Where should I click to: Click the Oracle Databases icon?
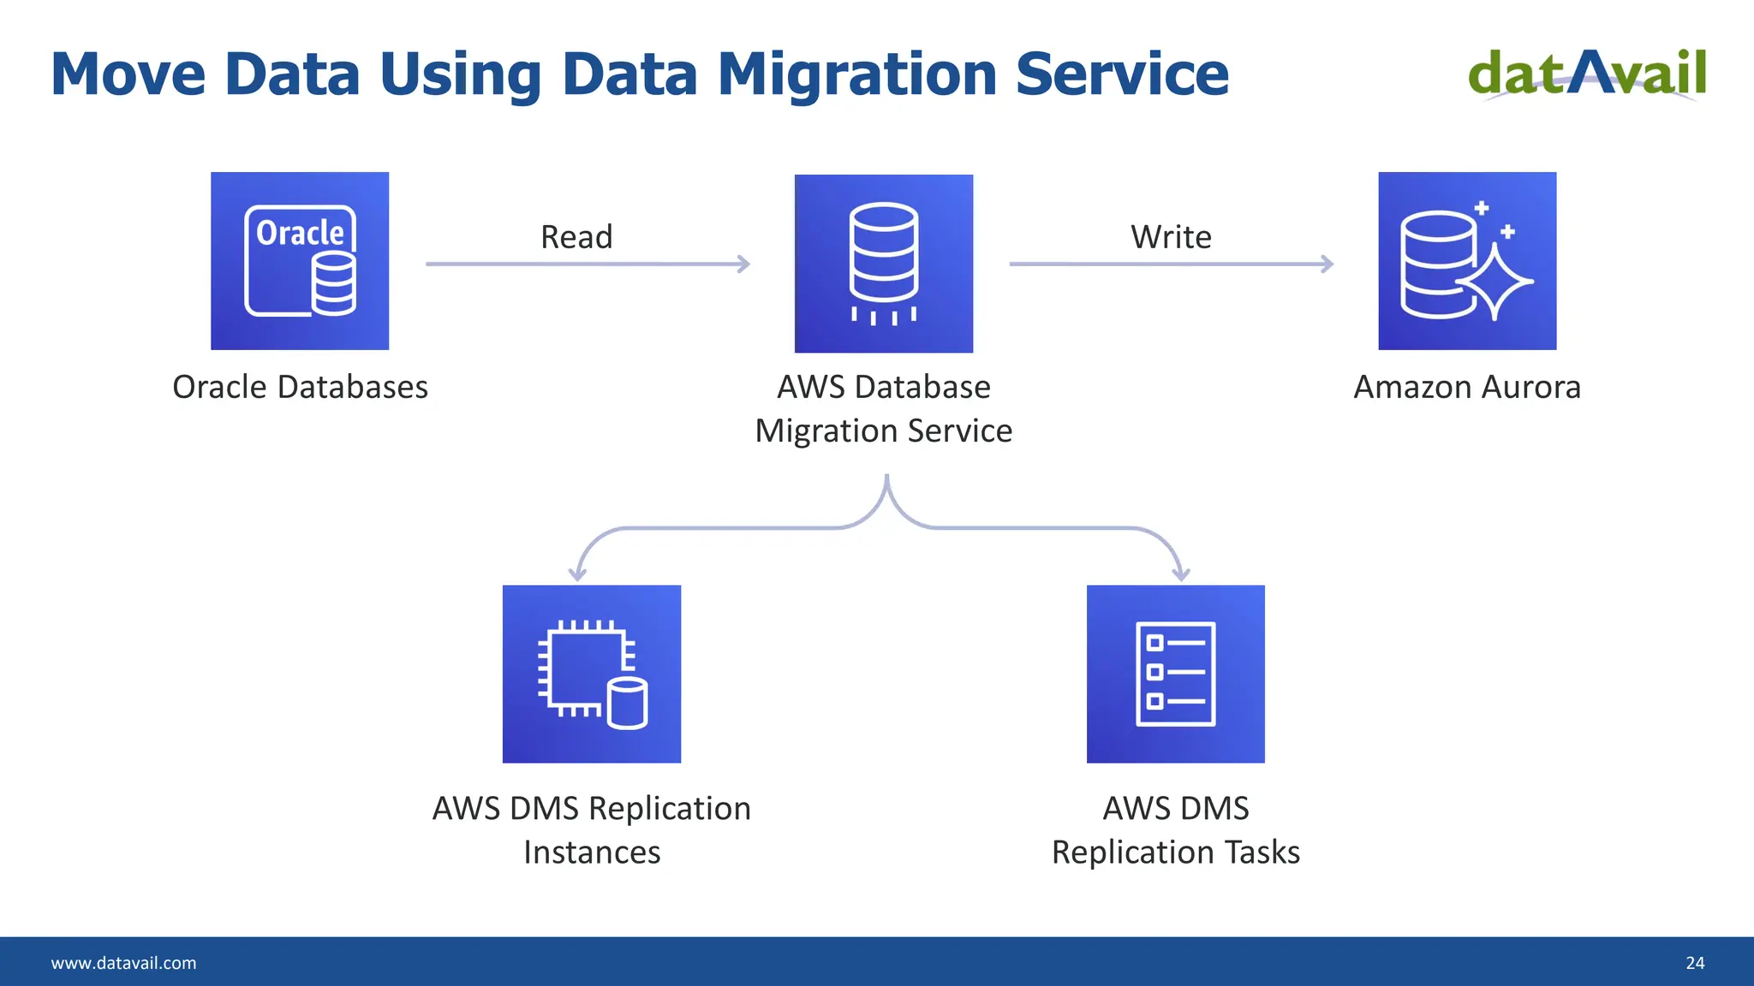pos(300,261)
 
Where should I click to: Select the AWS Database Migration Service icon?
pos(883,264)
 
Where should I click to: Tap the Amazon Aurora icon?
pos(1467,261)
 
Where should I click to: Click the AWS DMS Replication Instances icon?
pos(591,674)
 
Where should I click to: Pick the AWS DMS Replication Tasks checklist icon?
pos(1175,674)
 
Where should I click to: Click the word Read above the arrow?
pos(576,237)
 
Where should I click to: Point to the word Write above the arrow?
pos(1171,237)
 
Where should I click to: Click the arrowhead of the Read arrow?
pos(744,264)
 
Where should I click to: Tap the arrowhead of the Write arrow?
pos(1327,264)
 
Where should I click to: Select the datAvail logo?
pos(1587,74)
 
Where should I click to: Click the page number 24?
pos(1695,963)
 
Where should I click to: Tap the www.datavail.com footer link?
pos(123,963)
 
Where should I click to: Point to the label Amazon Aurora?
pos(1467,387)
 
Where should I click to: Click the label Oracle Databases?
pos(300,387)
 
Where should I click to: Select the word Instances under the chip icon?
pos(592,852)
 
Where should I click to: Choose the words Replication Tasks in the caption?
pos(1175,852)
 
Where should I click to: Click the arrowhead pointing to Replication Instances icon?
pos(578,575)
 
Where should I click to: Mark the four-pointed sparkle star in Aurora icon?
pos(1494,282)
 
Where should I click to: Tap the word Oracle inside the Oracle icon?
pos(300,233)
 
